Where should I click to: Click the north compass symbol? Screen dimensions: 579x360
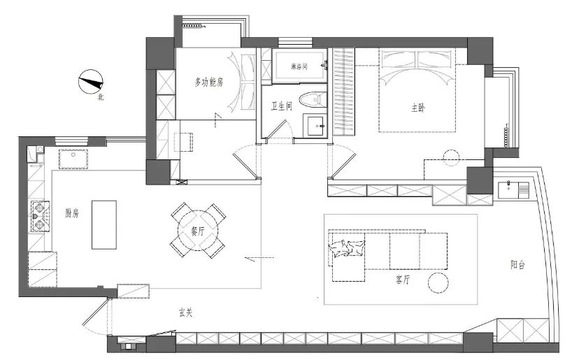coord(90,82)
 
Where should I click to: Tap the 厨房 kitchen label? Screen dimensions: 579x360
coord(72,213)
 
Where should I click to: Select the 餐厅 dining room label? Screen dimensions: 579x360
coord(198,231)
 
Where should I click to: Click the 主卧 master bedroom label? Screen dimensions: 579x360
coord(418,108)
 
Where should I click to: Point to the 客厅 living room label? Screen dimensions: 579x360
coord(403,280)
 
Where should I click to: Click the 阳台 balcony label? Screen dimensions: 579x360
coord(517,264)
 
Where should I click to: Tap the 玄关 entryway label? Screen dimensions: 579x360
coord(186,312)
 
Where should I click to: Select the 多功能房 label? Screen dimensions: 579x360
coord(209,82)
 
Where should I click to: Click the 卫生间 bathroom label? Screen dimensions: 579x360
coord(282,106)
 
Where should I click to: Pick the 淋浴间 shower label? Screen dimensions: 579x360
coord(299,67)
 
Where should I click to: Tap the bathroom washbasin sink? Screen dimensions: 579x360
coord(315,126)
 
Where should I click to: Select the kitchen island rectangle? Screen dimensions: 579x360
coord(104,225)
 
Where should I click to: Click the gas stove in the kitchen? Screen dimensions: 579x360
coord(40,216)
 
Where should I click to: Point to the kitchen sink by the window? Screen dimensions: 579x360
coord(73,159)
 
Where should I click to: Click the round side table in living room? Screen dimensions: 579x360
coord(438,283)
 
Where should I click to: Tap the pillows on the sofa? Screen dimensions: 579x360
coord(347,248)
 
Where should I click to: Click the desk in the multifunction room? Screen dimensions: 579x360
coord(183,142)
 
